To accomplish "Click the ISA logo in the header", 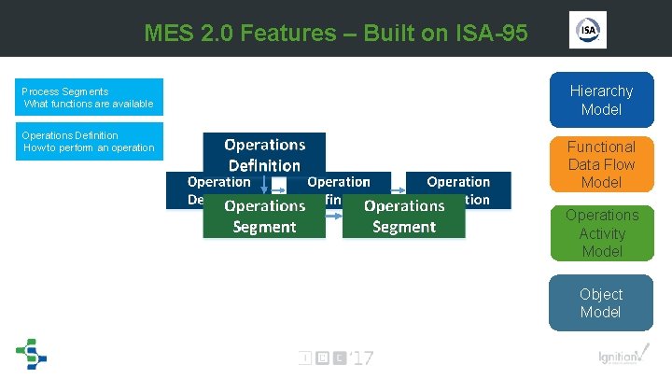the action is pyautogui.click(x=587, y=30).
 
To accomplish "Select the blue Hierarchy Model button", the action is pyautogui.click(x=601, y=100).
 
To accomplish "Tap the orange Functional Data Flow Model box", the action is pyautogui.click(x=601, y=164).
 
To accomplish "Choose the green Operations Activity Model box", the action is pyautogui.click(x=601, y=233).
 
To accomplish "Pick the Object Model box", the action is pyautogui.click(x=601, y=302).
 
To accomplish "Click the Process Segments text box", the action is pyautogui.click(x=91, y=97).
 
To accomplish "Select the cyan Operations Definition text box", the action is pyautogui.click(x=91, y=141).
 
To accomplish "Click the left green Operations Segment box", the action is pyautogui.click(x=265, y=216).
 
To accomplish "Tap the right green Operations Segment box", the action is pyautogui.click(x=403, y=216).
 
